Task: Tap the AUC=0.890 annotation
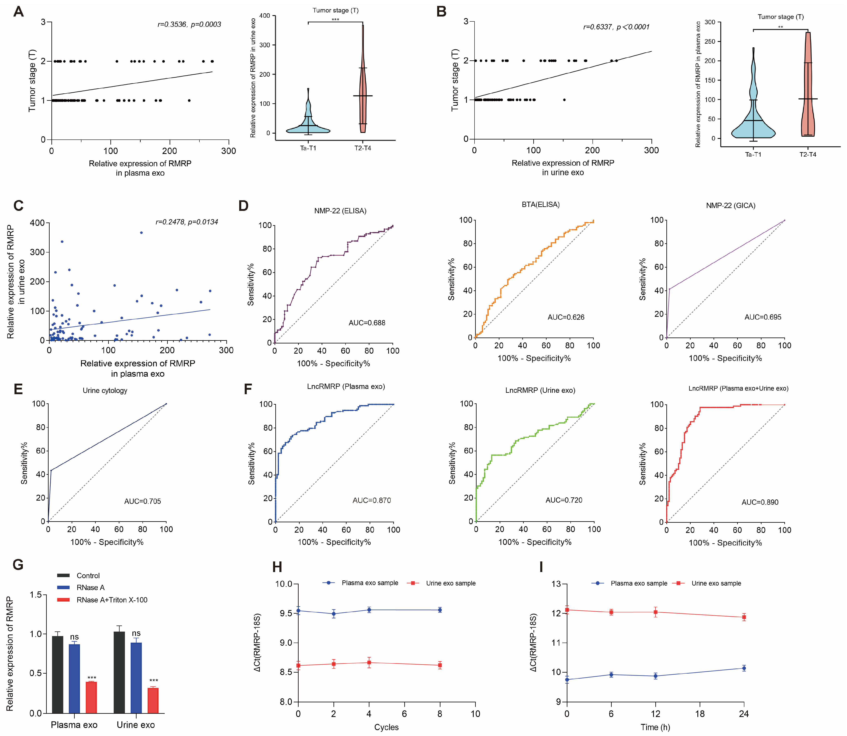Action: coord(759,502)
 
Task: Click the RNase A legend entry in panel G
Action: coord(90,588)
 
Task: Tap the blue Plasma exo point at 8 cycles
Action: coord(440,610)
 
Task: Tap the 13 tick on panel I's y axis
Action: coord(556,584)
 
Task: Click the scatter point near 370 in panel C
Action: coord(141,232)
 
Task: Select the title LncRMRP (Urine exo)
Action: coord(540,391)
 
